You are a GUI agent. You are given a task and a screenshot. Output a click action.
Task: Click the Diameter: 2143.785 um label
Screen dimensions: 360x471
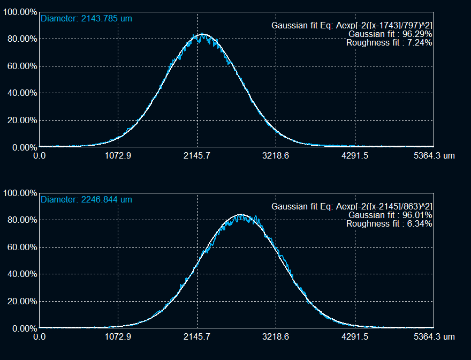coord(86,19)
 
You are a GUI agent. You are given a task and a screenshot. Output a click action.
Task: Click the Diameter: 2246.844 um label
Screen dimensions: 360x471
coord(86,200)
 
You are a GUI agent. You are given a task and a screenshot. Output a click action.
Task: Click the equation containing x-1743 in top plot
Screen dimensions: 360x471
coord(352,26)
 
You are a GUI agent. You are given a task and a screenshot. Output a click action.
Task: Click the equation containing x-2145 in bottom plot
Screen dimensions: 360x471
coord(352,206)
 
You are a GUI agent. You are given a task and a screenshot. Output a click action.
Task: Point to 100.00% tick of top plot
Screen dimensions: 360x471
coord(20,12)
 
